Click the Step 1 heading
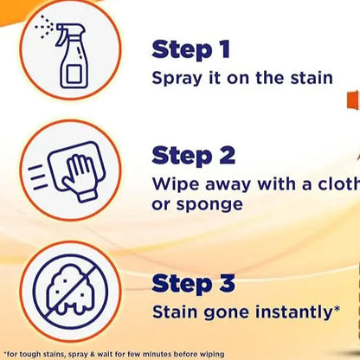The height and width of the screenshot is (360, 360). [x=190, y=50]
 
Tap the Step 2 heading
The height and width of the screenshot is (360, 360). [x=193, y=156]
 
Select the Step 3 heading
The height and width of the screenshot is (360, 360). [x=193, y=284]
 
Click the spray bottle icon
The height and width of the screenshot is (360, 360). [x=67, y=52]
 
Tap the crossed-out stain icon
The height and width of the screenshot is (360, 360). [x=70, y=292]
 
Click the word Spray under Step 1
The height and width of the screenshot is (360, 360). [x=177, y=79]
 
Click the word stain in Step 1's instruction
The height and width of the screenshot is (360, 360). [x=312, y=78]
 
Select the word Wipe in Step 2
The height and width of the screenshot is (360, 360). [x=176, y=183]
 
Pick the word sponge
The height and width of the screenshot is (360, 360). [x=209, y=205]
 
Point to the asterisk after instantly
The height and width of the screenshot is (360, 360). [x=336, y=309]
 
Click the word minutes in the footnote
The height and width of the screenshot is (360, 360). [x=157, y=354]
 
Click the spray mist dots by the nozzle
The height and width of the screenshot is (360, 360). [x=44, y=28]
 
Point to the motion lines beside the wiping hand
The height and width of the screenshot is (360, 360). [x=37, y=177]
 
